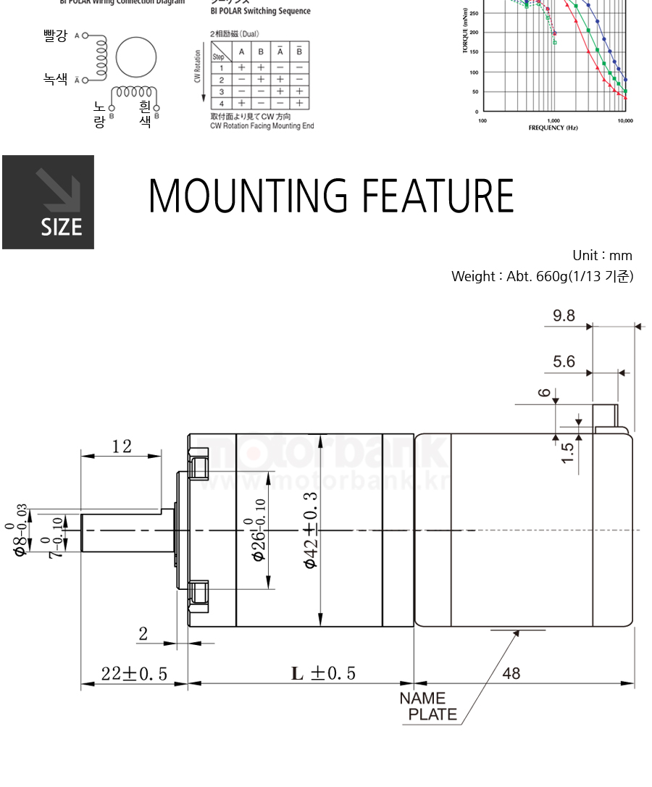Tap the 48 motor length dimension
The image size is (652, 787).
[x=511, y=673]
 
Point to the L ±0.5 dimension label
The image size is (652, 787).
[x=324, y=673]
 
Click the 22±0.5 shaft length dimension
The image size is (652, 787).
[x=134, y=674]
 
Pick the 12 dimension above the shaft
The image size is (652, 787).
[x=122, y=446]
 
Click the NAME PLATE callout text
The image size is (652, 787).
[x=428, y=707]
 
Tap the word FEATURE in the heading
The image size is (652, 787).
[x=438, y=195]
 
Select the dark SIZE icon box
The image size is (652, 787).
[x=48, y=202]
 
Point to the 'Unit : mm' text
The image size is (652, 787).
[x=602, y=255]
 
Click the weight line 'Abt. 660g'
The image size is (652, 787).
[x=542, y=276]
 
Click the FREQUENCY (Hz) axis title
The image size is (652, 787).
[x=553, y=128]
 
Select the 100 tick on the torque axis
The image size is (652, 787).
[x=472, y=72]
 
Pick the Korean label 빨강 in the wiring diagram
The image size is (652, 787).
[x=55, y=36]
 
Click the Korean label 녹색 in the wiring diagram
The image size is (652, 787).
[x=55, y=79]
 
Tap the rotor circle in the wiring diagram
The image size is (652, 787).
[x=136, y=57]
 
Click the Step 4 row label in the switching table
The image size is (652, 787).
[x=221, y=104]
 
